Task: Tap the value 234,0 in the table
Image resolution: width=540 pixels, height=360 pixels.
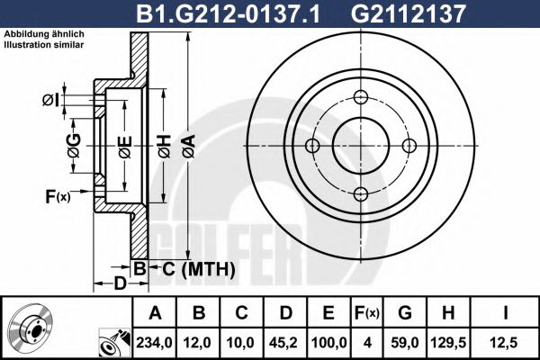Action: (152, 341)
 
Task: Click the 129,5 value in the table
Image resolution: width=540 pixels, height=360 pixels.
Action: (448, 341)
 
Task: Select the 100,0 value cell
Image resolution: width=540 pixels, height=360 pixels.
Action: (328, 341)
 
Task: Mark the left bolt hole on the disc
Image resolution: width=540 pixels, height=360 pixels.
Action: (313, 147)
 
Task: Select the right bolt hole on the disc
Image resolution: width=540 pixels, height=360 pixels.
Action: (409, 147)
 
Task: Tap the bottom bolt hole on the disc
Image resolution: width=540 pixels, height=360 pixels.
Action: (361, 194)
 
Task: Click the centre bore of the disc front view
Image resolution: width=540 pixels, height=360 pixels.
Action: (361, 147)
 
